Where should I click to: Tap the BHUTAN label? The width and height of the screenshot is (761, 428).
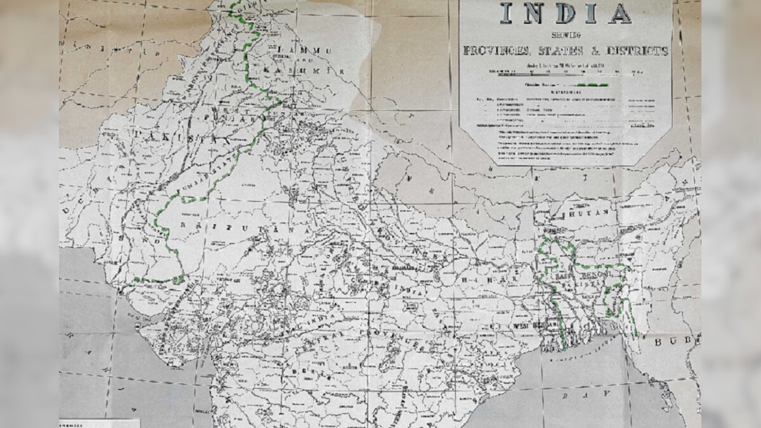pyautogui.click(x=593, y=214)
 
